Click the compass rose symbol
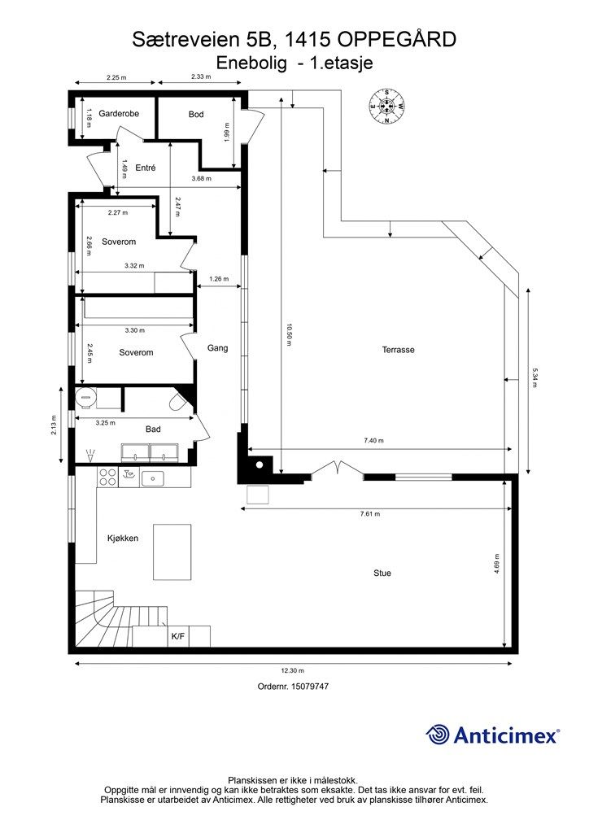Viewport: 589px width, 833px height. click(x=386, y=107)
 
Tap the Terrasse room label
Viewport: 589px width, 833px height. click(x=399, y=350)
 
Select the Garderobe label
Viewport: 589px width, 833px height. click(x=119, y=113)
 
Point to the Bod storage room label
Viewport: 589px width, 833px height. click(x=196, y=114)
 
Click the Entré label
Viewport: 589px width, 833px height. click(x=146, y=168)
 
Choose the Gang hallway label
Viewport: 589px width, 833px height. click(x=218, y=348)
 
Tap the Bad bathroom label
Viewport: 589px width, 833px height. click(x=153, y=429)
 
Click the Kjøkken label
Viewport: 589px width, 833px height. click(x=123, y=539)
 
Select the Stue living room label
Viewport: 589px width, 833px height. click(x=382, y=573)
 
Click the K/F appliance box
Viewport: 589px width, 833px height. click(x=178, y=636)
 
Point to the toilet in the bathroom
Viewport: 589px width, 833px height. click(x=177, y=402)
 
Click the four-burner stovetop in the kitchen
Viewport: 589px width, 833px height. click(x=107, y=477)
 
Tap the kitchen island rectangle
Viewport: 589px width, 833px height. click(x=172, y=552)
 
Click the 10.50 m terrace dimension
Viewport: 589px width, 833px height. click(x=289, y=334)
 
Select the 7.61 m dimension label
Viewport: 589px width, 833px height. click(x=369, y=514)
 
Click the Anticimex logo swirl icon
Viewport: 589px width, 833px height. click(x=438, y=735)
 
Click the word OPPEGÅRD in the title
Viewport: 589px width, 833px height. click(x=397, y=40)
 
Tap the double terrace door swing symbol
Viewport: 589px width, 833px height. click(x=338, y=468)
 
